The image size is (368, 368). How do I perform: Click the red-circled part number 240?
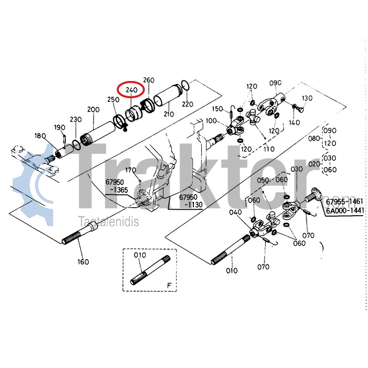[x=130, y=90]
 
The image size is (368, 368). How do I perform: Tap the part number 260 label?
[x=149, y=80]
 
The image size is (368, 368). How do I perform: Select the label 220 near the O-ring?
[x=188, y=104]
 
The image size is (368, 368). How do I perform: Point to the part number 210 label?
[x=169, y=114]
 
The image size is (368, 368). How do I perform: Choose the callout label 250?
[x=113, y=99]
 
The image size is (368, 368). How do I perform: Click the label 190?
[x=59, y=127]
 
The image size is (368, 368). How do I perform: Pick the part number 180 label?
[x=40, y=136]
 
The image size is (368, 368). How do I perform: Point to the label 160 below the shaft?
[x=83, y=261]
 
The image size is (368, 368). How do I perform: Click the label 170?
[x=130, y=170]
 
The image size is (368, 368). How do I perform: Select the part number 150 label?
[x=218, y=109]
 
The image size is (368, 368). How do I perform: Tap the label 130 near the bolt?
[x=307, y=98]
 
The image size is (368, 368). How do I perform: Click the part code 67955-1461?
[x=344, y=201]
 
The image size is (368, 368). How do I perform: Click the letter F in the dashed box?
[x=169, y=285]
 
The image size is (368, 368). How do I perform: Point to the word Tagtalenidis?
[x=108, y=222]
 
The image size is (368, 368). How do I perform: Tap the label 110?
[x=269, y=149]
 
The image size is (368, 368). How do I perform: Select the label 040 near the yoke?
[x=234, y=212]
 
